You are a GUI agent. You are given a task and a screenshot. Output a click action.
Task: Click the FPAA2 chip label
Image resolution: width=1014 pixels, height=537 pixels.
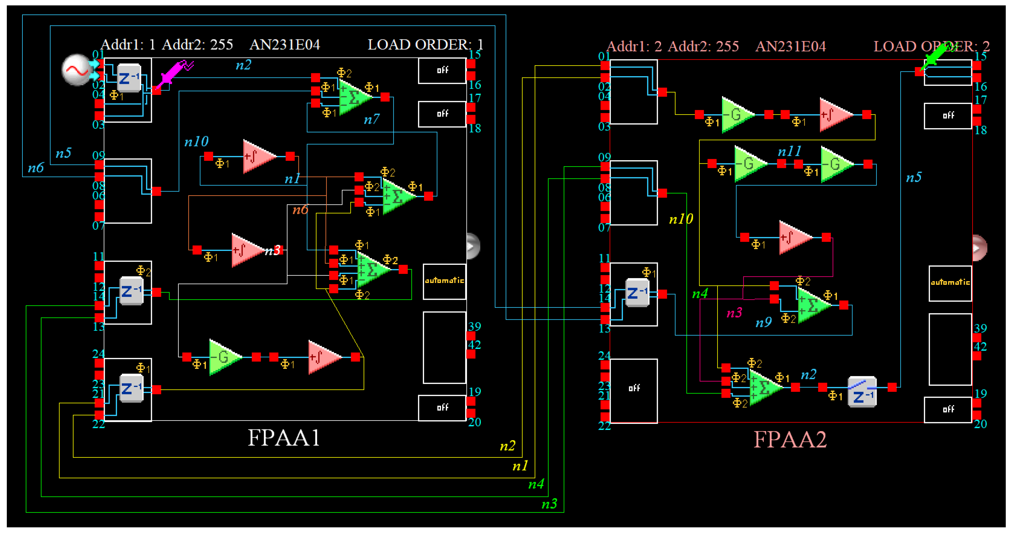point(790,439)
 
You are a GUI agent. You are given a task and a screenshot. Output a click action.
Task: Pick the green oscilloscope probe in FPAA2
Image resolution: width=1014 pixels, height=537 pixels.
point(936,58)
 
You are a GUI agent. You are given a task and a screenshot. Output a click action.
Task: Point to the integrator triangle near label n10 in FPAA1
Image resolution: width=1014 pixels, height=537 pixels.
point(258,157)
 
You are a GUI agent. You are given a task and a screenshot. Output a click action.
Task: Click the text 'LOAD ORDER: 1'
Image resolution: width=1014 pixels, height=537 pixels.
point(425,45)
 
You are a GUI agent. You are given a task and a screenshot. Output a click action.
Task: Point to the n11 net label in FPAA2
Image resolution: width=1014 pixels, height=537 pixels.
point(789,151)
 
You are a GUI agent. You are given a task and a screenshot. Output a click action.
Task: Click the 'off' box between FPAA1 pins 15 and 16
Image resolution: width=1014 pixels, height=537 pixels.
point(442,70)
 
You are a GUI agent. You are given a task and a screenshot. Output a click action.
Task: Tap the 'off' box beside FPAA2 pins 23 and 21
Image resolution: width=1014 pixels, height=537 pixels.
point(634,389)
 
